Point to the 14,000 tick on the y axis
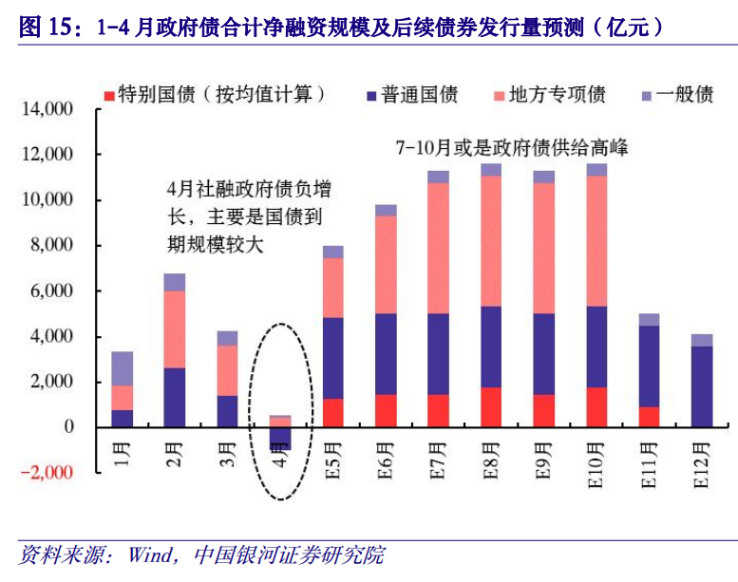(47, 109)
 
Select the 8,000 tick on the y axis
(53, 246)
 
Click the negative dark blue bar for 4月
(280, 438)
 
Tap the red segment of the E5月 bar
(332, 412)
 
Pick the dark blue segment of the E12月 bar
(701, 386)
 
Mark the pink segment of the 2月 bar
(175, 329)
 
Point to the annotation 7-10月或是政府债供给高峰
(512, 148)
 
